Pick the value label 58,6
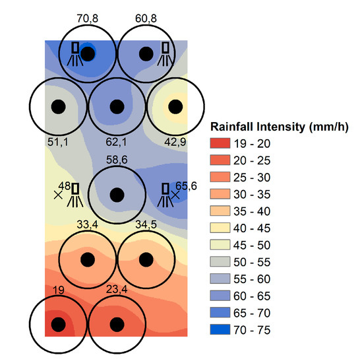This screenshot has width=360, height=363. click(x=117, y=160)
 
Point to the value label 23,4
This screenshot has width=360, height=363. click(x=117, y=288)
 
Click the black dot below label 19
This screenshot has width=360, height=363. click(x=58, y=324)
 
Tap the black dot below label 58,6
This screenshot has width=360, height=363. click(x=117, y=195)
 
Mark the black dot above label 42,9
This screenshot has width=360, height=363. click(x=175, y=106)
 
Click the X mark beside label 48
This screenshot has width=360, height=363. click(x=58, y=195)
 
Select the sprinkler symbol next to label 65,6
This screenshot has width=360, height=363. click(x=166, y=193)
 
